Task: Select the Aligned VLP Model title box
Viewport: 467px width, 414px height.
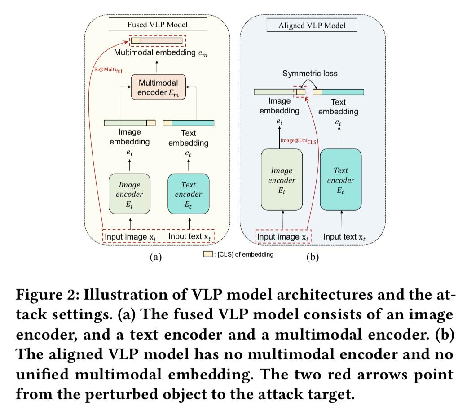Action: pyautogui.click(x=312, y=25)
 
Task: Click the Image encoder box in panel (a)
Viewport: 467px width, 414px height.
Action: pyautogui.click(x=129, y=194)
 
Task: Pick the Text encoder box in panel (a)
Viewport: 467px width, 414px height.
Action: pyautogui.click(x=188, y=194)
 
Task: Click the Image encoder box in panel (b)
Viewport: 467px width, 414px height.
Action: pyautogui.click(x=282, y=180)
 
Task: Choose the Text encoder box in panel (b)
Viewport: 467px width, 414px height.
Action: pyautogui.click(x=340, y=180)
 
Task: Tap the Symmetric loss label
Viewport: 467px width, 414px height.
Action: pyautogui.click(x=309, y=74)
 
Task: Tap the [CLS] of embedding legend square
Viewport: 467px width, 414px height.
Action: pyautogui.click(x=208, y=254)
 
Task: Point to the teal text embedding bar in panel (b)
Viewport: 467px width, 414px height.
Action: pyautogui.click(x=343, y=92)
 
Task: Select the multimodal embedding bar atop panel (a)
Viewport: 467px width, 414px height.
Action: pyautogui.click(x=158, y=40)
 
